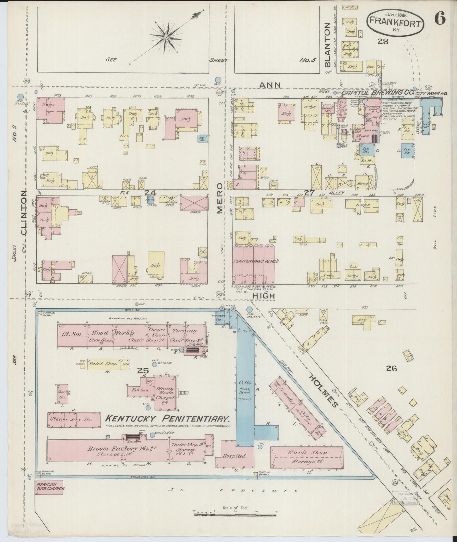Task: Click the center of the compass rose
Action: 166,38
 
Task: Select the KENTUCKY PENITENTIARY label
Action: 167,419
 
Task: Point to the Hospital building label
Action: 234,456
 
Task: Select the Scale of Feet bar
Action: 236,514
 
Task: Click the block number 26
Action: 391,368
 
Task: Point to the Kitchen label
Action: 140,390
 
